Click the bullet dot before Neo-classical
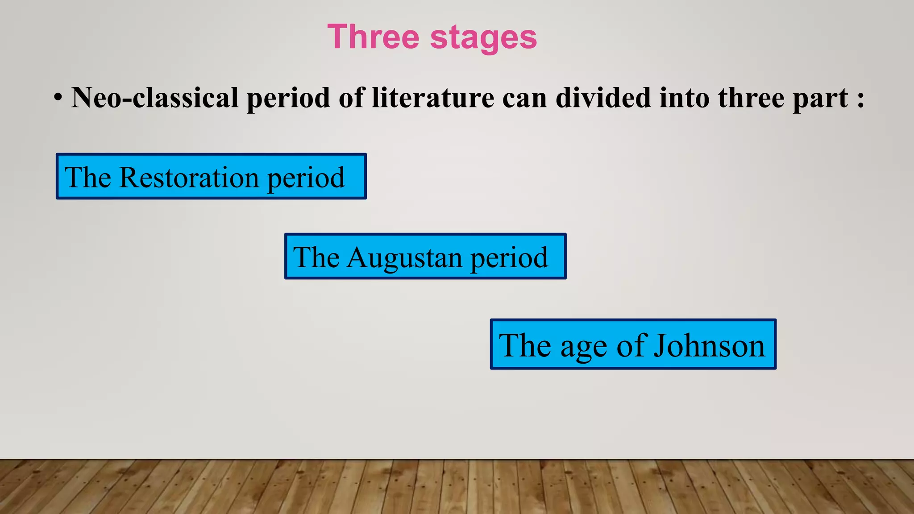coord(58,97)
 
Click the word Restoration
coord(189,177)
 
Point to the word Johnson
coord(709,345)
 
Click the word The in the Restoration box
coord(87,177)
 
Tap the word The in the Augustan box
coord(316,257)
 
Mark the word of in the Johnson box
coord(632,345)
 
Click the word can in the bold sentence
coord(524,98)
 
